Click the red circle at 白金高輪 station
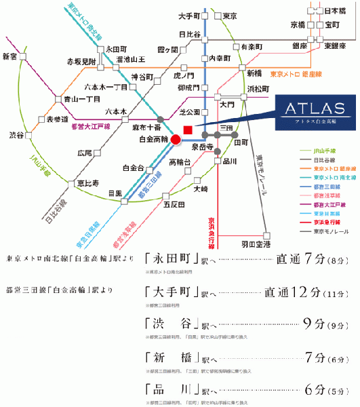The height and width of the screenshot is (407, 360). [176, 140]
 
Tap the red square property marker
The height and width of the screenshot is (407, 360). [188, 130]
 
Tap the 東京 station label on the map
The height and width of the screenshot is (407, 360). [230, 16]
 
